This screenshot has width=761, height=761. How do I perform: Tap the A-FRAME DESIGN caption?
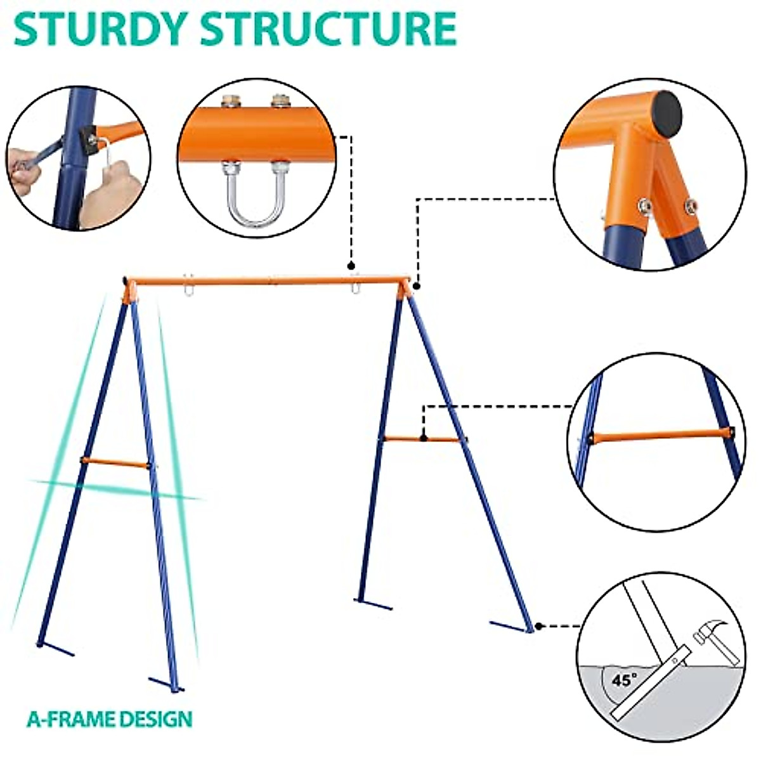(109, 719)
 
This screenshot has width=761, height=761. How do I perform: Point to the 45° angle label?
(625, 680)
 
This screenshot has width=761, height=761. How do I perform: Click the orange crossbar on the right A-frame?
(422, 439)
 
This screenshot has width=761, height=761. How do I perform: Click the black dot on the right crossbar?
(423, 437)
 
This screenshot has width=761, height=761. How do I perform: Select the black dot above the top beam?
(350, 266)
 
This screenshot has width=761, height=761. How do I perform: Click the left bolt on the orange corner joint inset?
(643, 204)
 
